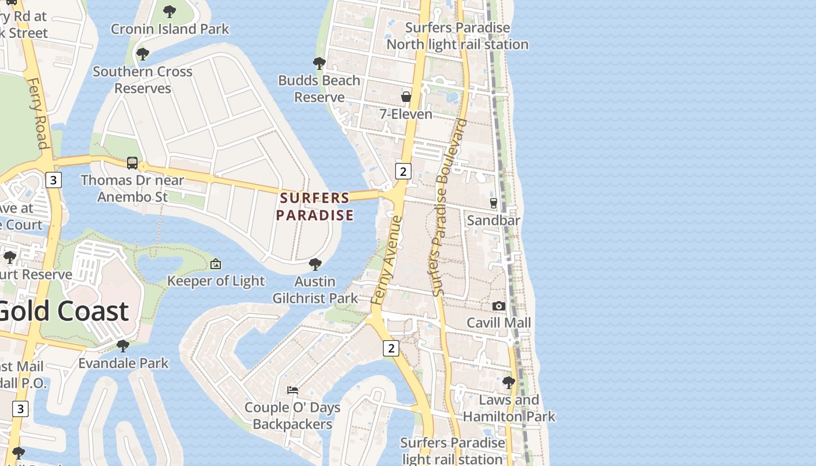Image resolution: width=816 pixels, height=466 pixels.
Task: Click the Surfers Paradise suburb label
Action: coord(315,207)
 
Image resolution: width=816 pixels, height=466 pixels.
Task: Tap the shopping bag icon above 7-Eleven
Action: coord(406,97)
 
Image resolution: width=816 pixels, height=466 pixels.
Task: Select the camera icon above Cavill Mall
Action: coord(498,306)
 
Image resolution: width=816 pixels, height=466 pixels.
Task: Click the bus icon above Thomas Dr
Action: coord(132,163)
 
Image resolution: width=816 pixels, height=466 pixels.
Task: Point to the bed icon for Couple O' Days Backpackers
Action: coord(293,390)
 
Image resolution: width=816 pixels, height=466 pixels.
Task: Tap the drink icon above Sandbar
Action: coord(494,203)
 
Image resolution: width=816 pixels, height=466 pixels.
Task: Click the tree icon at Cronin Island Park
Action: coord(170,11)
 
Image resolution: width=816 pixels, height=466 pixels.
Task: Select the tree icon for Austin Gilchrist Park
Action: coord(315,264)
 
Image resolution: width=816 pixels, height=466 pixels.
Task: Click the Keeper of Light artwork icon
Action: coord(216,264)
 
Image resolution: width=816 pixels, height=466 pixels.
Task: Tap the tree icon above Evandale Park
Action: coord(123,346)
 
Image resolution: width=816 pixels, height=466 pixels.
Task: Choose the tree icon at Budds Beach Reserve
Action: coord(319,63)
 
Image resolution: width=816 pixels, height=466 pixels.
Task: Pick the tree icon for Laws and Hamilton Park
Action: coord(509,383)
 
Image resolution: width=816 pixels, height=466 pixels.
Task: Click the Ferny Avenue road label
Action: coord(387,260)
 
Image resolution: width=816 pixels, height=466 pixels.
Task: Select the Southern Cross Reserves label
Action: coord(142,80)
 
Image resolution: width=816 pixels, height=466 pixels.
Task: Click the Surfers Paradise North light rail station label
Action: coord(458,36)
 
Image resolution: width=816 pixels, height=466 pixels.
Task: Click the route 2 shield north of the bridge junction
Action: coord(403,171)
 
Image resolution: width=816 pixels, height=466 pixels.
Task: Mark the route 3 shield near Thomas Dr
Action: coord(53,180)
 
